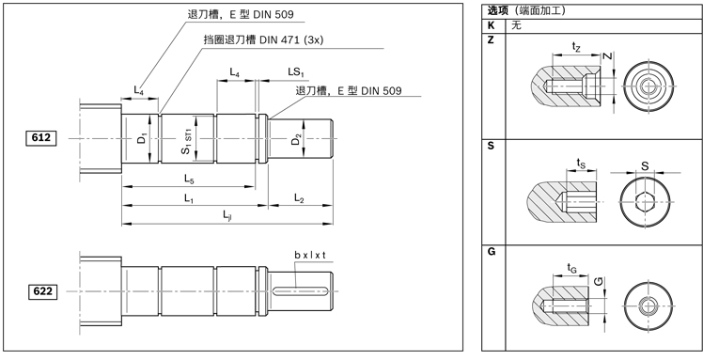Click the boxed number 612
coord(40,138)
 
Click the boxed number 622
coord(40,291)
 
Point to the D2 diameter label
coord(296,139)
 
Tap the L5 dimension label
coord(189,179)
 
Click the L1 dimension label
coord(189,198)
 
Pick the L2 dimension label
coord(299,198)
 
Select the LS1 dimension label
coord(295,72)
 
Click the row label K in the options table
coord(491,25)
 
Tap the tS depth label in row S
coord(581,163)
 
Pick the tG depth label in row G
coord(572,268)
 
